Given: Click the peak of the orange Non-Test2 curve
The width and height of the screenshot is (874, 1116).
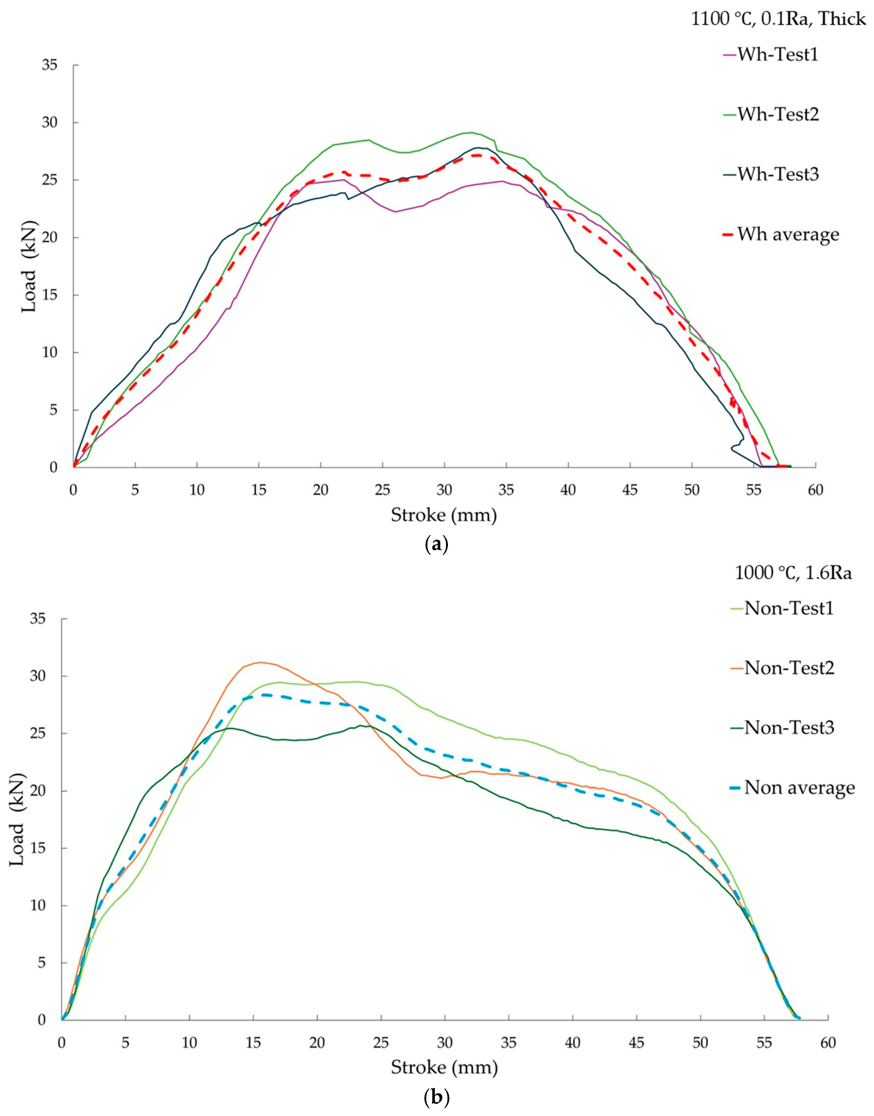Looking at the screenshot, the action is tap(261, 662).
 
